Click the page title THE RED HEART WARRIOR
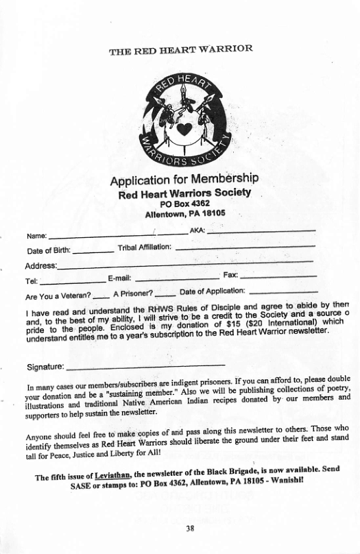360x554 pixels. pyautogui.click(x=180, y=49)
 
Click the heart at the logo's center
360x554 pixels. pyautogui.click(x=182, y=129)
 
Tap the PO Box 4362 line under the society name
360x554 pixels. pyautogui.click(x=184, y=204)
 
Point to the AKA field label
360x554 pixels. pyautogui.click(x=197, y=230)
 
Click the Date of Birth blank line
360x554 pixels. pyautogui.click(x=93, y=251)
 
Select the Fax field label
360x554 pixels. pyautogui.click(x=230, y=275)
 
